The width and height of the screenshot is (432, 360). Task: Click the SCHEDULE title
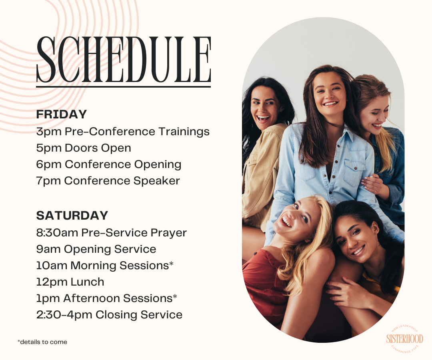tap(124, 60)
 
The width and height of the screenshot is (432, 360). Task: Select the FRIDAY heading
tap(62, 114)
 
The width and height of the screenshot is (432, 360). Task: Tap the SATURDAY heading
tap(72, 215)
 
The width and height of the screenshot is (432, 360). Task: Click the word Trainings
tap(184, 132)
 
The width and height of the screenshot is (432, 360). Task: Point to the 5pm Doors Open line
tap(84, 148)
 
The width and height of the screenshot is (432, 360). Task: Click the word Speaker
tap(156, 181)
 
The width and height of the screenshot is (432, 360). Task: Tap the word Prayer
tap(169, 233)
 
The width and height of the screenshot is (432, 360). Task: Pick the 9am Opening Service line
tap(96, 249)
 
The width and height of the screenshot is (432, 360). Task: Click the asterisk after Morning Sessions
tap(171, 264)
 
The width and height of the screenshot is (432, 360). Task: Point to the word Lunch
tap(87, 282)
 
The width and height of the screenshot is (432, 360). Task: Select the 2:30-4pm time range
tap(64, 315)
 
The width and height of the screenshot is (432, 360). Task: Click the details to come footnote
tap(42, 342)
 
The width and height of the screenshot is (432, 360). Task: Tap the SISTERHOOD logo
tap(404, 339)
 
